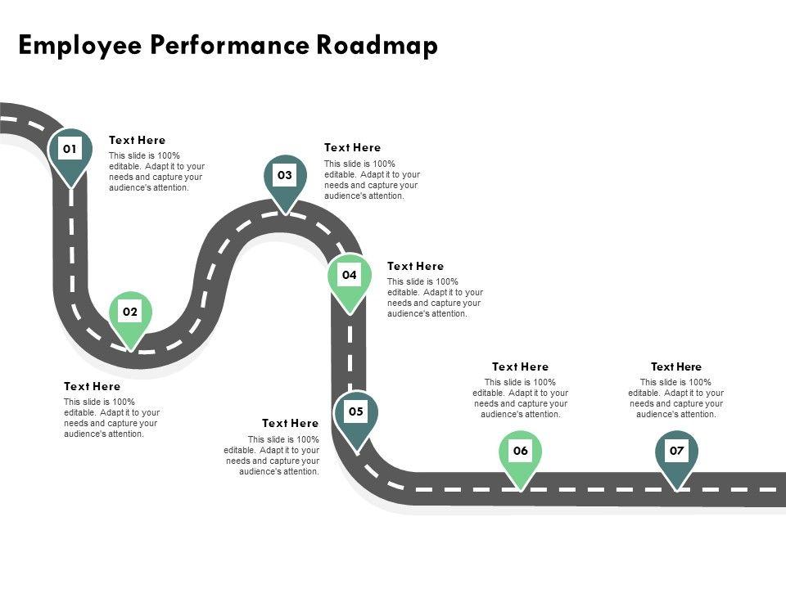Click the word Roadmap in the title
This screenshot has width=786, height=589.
pos(377,45)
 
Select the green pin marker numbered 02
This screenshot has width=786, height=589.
pos(131,313)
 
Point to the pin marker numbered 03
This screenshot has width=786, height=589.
pos(285,177)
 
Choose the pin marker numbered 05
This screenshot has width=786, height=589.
pos(356,413)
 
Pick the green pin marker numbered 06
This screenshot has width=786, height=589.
pos(521,452)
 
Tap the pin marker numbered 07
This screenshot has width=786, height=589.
pos(676,452)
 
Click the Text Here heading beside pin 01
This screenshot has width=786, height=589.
pos(137,141)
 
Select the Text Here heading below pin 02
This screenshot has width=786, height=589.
pos(92,386)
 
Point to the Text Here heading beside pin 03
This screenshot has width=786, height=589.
pos(352,148)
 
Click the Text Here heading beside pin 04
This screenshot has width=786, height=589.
pos(415,267)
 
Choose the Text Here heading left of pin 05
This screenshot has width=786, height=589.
pos(290,424)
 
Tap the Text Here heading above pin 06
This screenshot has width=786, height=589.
pos(520,367)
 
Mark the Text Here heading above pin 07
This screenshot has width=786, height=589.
pos(675,367)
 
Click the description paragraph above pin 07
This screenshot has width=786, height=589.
pos(675,398)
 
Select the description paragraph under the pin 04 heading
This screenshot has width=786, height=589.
pos(435,298)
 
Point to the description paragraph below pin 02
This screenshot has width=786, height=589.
pos(111,418)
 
